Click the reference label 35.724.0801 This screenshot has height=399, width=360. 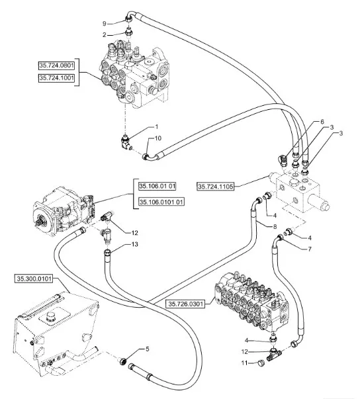tap(58, 66)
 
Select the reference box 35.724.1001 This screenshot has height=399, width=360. tap(58, 77)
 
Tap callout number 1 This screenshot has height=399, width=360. tap(156, 126)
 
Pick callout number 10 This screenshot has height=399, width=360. tap(157, 138)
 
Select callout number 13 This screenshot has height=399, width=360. tap(135, 245)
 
